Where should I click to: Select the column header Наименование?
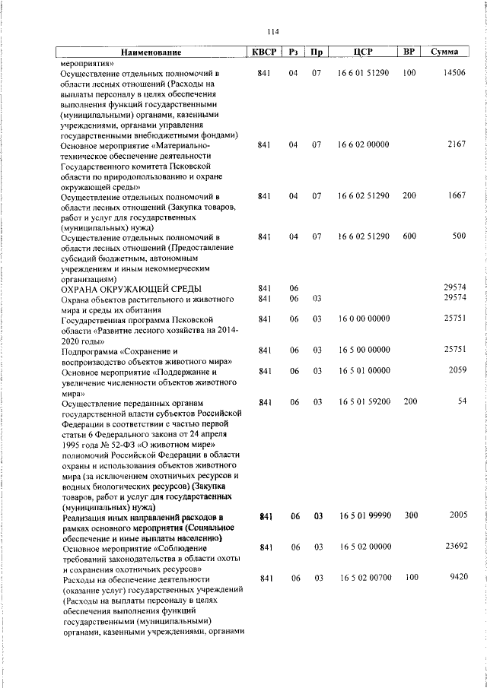click(x=151, y=52)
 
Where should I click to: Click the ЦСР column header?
click(x=363, y=52)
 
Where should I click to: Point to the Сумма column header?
click(x=444, y=52)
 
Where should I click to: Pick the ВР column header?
click(x=409, y=52)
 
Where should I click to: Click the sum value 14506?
click(x=454, y=73)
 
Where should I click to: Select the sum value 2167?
click(x=457, y=144)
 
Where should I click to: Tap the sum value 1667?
click(x=457, y=195)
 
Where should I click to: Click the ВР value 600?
click(x=409, y=236)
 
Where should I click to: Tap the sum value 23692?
click(x=454, y=547)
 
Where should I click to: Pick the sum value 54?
click(x=461, y=401)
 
